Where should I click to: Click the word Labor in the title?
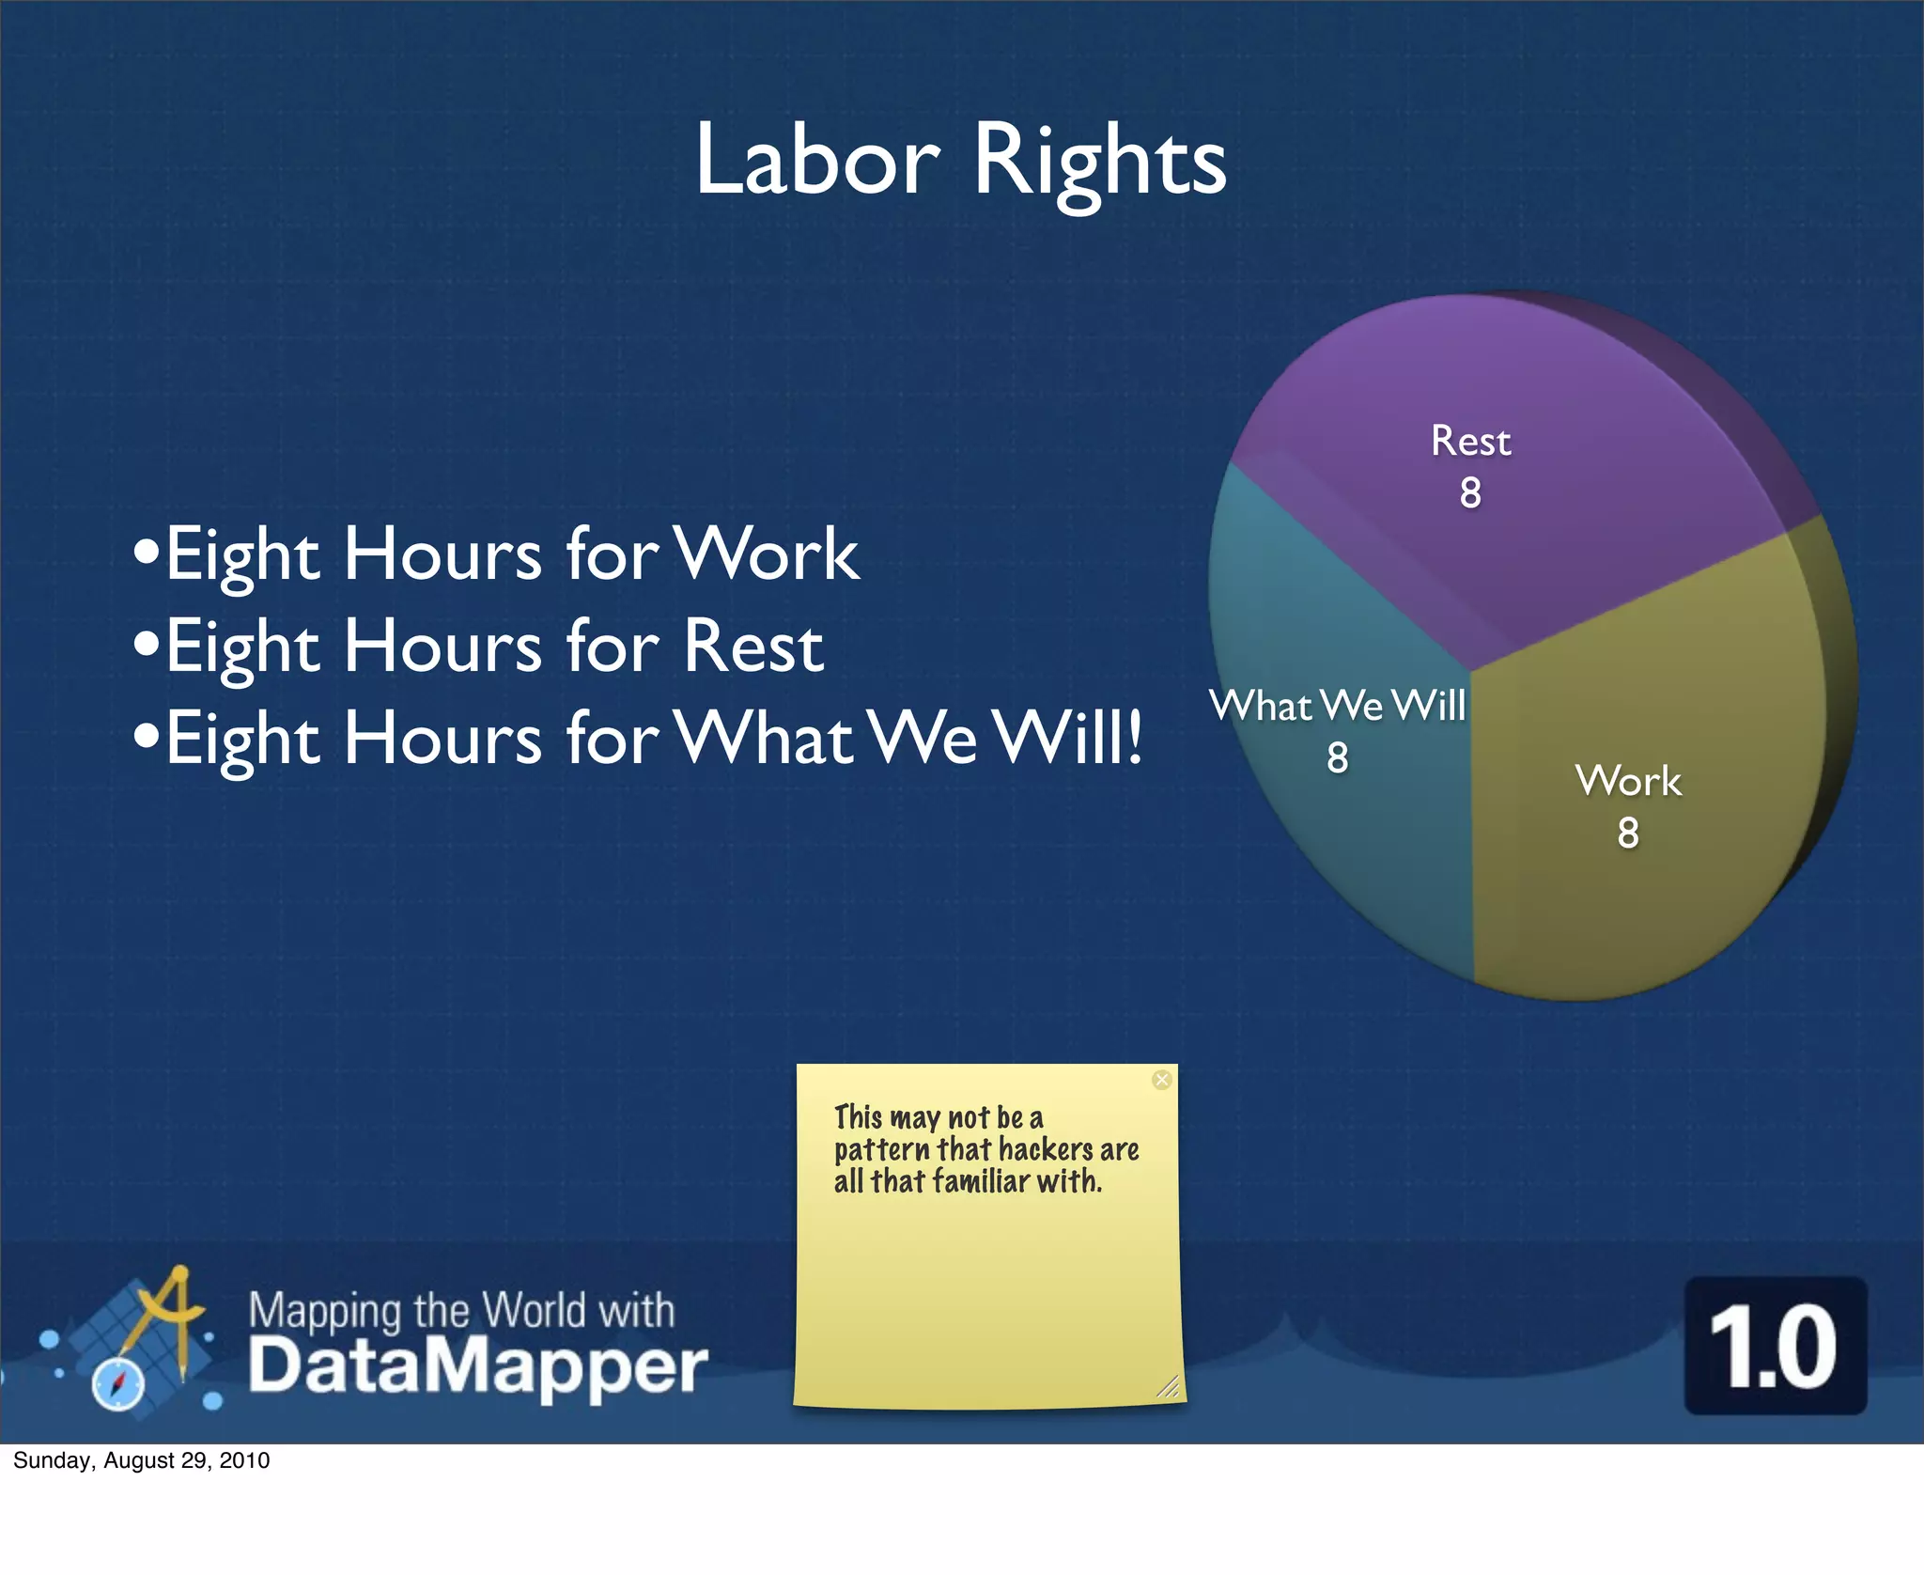[x=816, y=160]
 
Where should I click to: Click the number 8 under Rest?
[x=1470, y=493]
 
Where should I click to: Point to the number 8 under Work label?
[x=1628, y=833]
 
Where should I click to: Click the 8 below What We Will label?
[x=1338, y=757]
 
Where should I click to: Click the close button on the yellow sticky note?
[x=1162, y=1080]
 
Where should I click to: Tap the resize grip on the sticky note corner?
[x=1168, y=1386]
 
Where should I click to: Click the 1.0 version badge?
[x=1775, y=1346]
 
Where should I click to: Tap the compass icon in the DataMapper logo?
[x=118, y=1384]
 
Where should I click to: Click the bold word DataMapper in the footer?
[x=478, y=1366]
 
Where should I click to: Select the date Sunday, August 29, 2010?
[x=142, y=1459]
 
